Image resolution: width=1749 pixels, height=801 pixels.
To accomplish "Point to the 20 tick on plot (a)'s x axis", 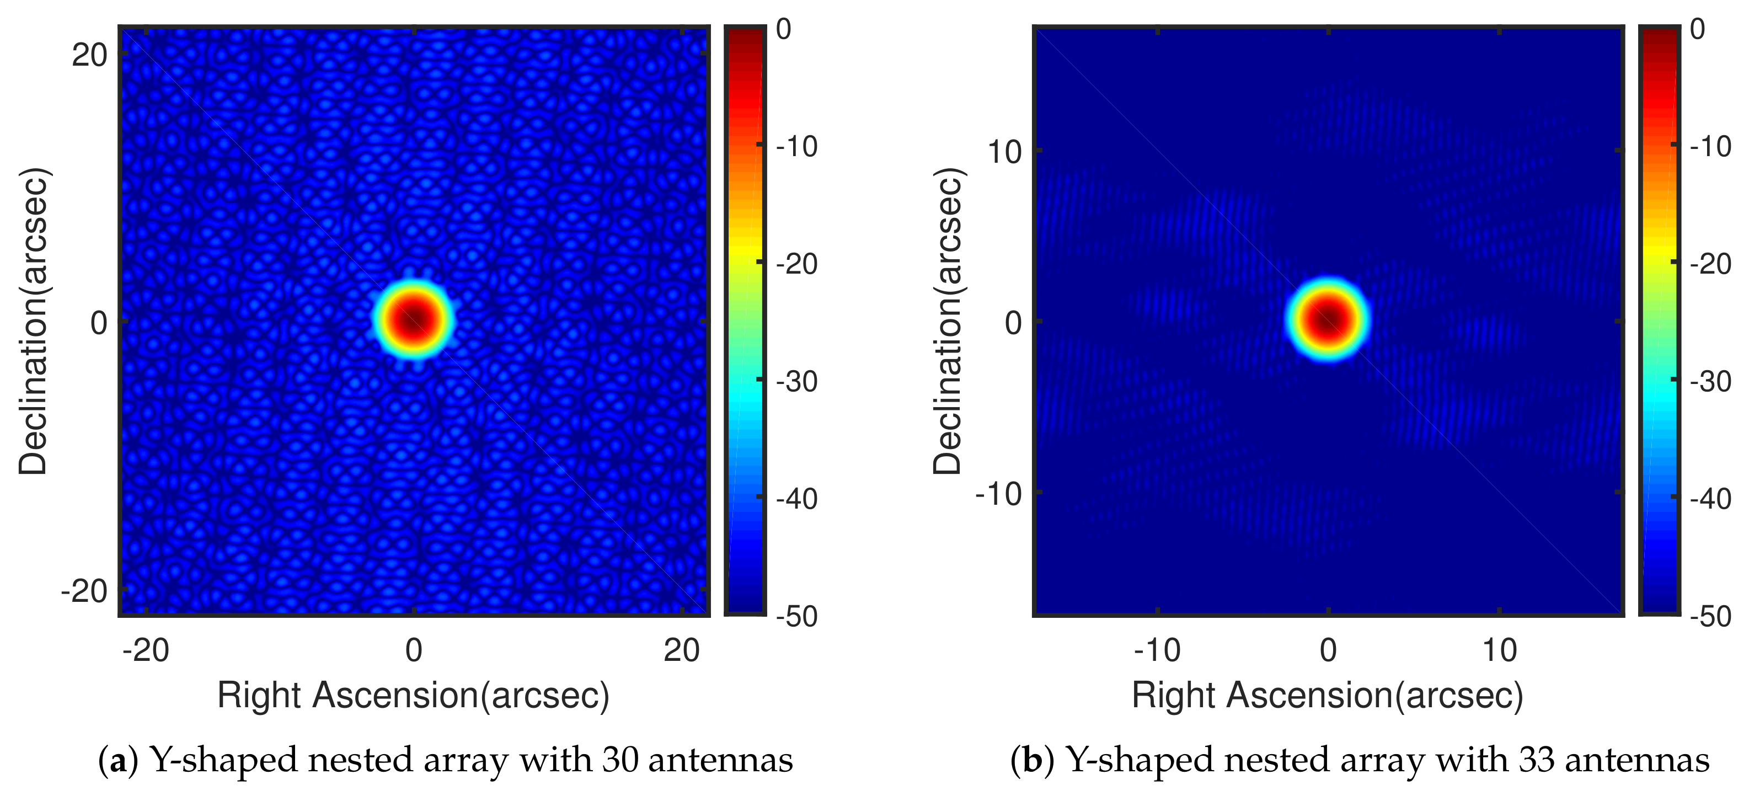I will click(x=681, y=650).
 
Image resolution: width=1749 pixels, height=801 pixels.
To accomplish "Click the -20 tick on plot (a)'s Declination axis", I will click(x=84, y=591).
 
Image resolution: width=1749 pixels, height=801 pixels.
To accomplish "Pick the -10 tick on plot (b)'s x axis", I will click(x=1157, y=650).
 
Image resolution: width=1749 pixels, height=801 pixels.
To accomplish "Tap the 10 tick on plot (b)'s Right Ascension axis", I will click(x=1499, y=650).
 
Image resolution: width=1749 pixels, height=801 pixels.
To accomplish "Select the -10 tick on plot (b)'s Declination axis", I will click(x=998, y=494).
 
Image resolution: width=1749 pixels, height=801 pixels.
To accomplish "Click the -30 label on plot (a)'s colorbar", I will click(x=797, y=382).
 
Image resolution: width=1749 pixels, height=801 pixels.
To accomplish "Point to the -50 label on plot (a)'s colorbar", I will click(x=797, y=616).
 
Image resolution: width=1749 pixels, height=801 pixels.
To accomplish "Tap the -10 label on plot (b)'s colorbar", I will click(x=1711, y=147).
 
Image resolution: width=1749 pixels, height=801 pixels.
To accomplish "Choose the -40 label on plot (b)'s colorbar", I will click(x=1711, y=499).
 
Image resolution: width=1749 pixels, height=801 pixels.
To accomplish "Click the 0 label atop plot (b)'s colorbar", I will click(x=1697, y=29).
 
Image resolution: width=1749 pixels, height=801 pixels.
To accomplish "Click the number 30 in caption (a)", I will click(x=619, y=760).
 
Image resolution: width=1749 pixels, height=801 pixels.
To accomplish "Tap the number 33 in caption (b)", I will click(x=1537, y=760).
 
